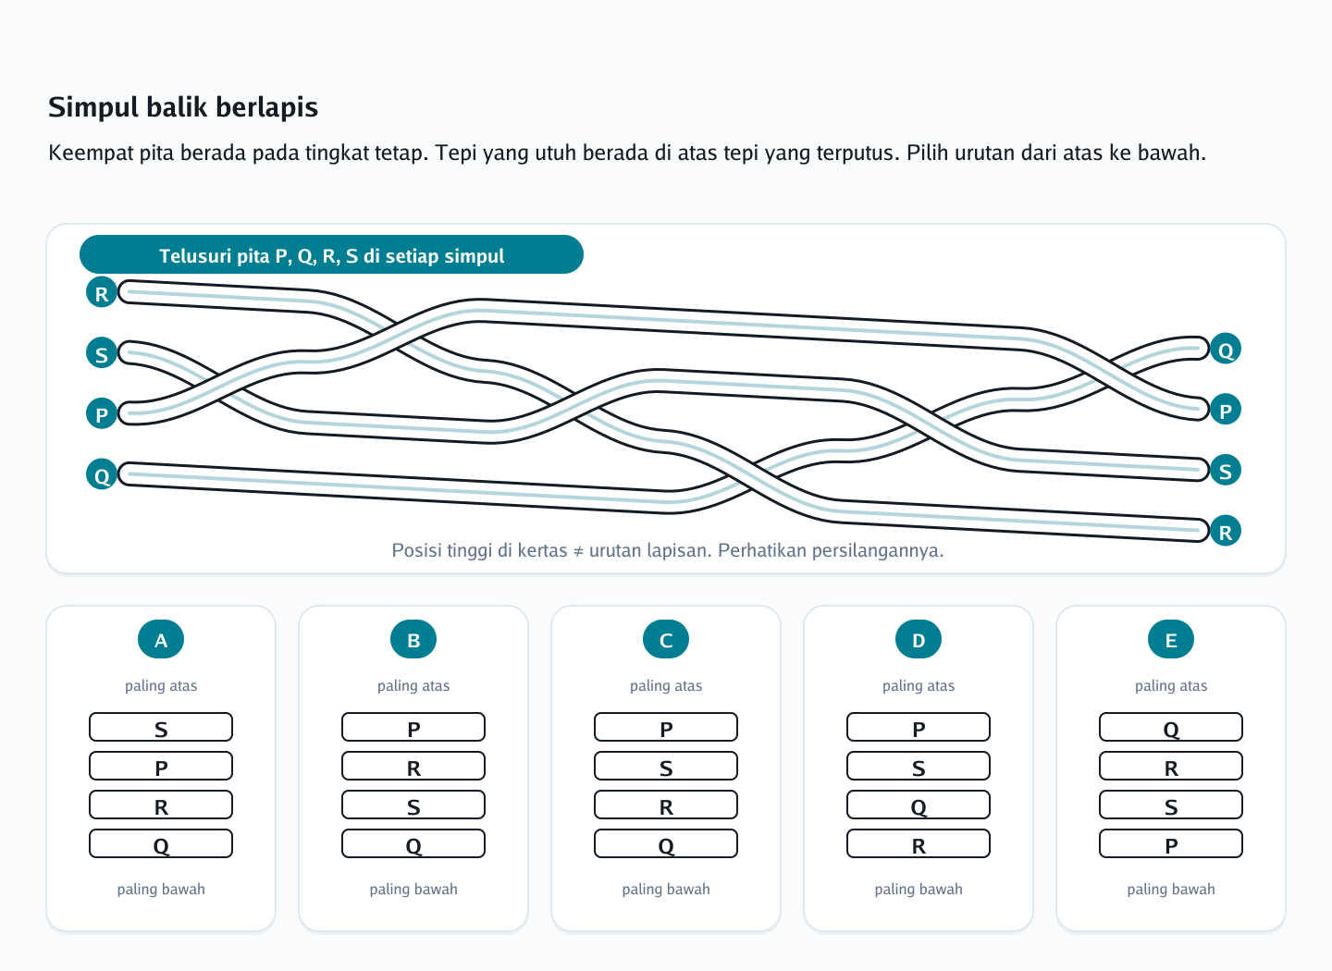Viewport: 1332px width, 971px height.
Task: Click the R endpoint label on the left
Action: pos(102,292)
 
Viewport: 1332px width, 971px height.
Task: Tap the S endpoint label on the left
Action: pos(102,352)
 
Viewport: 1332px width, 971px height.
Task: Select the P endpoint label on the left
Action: pos(102,413)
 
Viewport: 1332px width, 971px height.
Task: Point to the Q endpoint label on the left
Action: pos(102,473)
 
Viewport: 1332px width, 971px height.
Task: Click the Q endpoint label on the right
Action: pos(1225,349)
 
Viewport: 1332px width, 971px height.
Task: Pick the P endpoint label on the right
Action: pos(1225,410)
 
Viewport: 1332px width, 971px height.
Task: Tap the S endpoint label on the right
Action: pos(1225,471)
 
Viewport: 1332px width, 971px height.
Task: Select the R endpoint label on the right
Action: pos(1225,531)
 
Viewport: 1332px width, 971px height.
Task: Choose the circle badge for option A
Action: pos(161,639)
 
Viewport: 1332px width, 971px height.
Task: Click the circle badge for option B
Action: pos(413,639)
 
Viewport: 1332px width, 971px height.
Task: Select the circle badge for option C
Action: pos(666,639)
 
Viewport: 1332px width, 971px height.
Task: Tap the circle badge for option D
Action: pos(919,639)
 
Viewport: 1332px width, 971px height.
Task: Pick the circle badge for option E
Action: pos(1171,639)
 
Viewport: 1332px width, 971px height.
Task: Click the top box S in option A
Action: pos(161,727)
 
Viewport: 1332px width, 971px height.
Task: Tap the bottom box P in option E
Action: pos(1171,843)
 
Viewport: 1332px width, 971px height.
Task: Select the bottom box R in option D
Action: pos(919,843)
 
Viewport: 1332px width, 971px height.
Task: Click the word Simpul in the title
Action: pos(93,107)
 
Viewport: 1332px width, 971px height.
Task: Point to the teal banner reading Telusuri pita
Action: pos(331,254)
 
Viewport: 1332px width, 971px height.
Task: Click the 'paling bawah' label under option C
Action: pos(666,889)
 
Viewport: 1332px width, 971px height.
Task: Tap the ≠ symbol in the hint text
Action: pos(578,550)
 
